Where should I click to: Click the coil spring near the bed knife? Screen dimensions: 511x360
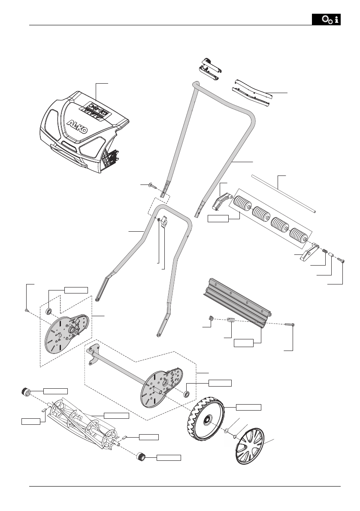tap(231, 320)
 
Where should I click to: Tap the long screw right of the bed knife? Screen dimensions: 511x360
tap(288, 325)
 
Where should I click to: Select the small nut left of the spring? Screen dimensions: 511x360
tap(211, 318)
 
